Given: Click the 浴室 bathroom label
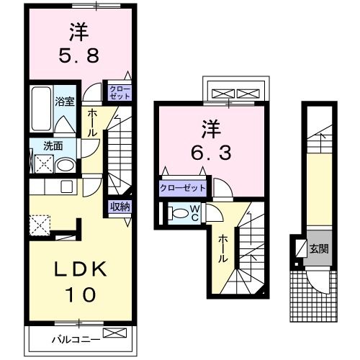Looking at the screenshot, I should (65, 102).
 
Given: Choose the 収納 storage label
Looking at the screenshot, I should (120, 207).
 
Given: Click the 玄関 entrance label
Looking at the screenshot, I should (319, 249).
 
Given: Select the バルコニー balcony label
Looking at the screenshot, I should (75, 338).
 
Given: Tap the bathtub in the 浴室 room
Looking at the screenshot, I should (40, 108).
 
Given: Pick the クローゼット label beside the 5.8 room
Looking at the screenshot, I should (119, 91).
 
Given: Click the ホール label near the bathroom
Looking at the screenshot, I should (93, 123).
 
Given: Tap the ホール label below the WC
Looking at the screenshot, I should (223, 248).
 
